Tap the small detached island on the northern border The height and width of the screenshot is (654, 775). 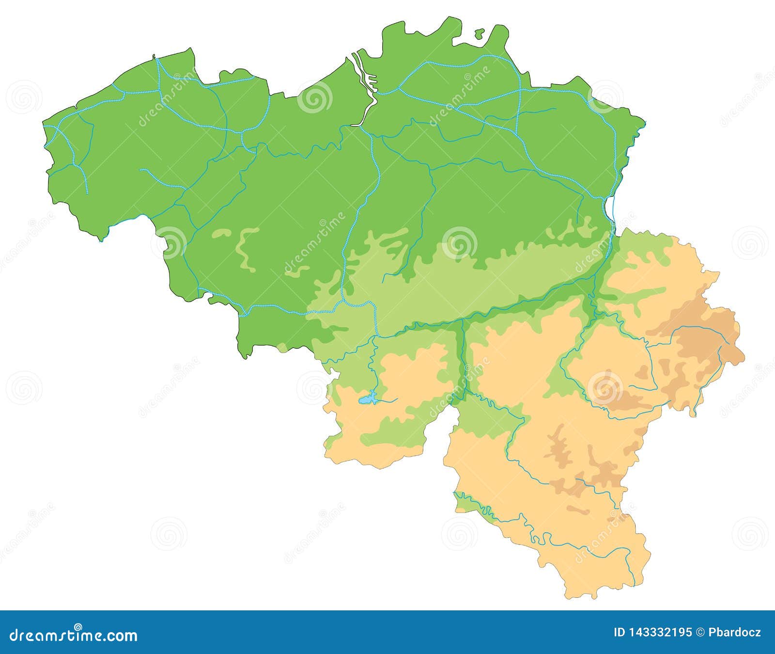[479, 33]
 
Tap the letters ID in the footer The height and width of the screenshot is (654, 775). [619, 633]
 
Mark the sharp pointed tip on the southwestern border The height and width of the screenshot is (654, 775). [101, 240]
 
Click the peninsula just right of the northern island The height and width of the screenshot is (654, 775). [499, 39]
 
